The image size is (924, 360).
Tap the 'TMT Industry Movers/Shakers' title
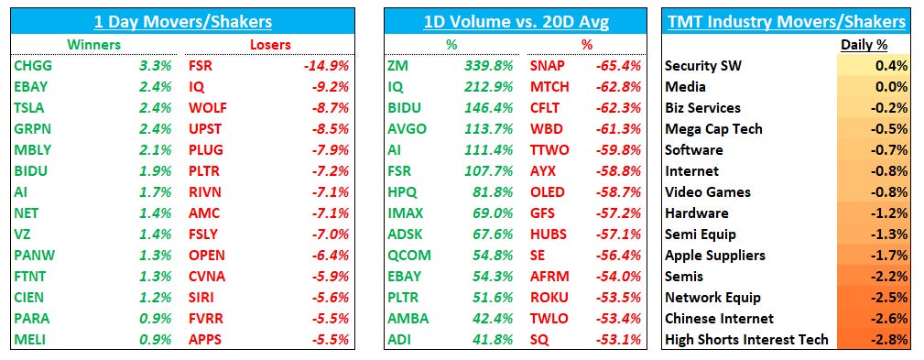pyautogui.click(x=787, y=21)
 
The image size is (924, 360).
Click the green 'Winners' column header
pyautogui.click(x=92, y=44)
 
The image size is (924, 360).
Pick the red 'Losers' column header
pyautogui.click(x=269, y=44)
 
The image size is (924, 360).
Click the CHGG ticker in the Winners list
pyautogui.click(x=32, y=66)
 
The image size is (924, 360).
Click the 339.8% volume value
pyautogui.click(x=487, y=66)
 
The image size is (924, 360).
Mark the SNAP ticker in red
pyautogui.click(x=548, y=66)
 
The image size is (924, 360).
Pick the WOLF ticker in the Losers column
pyautogui.click(x=208, y=108)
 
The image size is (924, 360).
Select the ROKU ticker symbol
pyautogui.click(x=549, y=298)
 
